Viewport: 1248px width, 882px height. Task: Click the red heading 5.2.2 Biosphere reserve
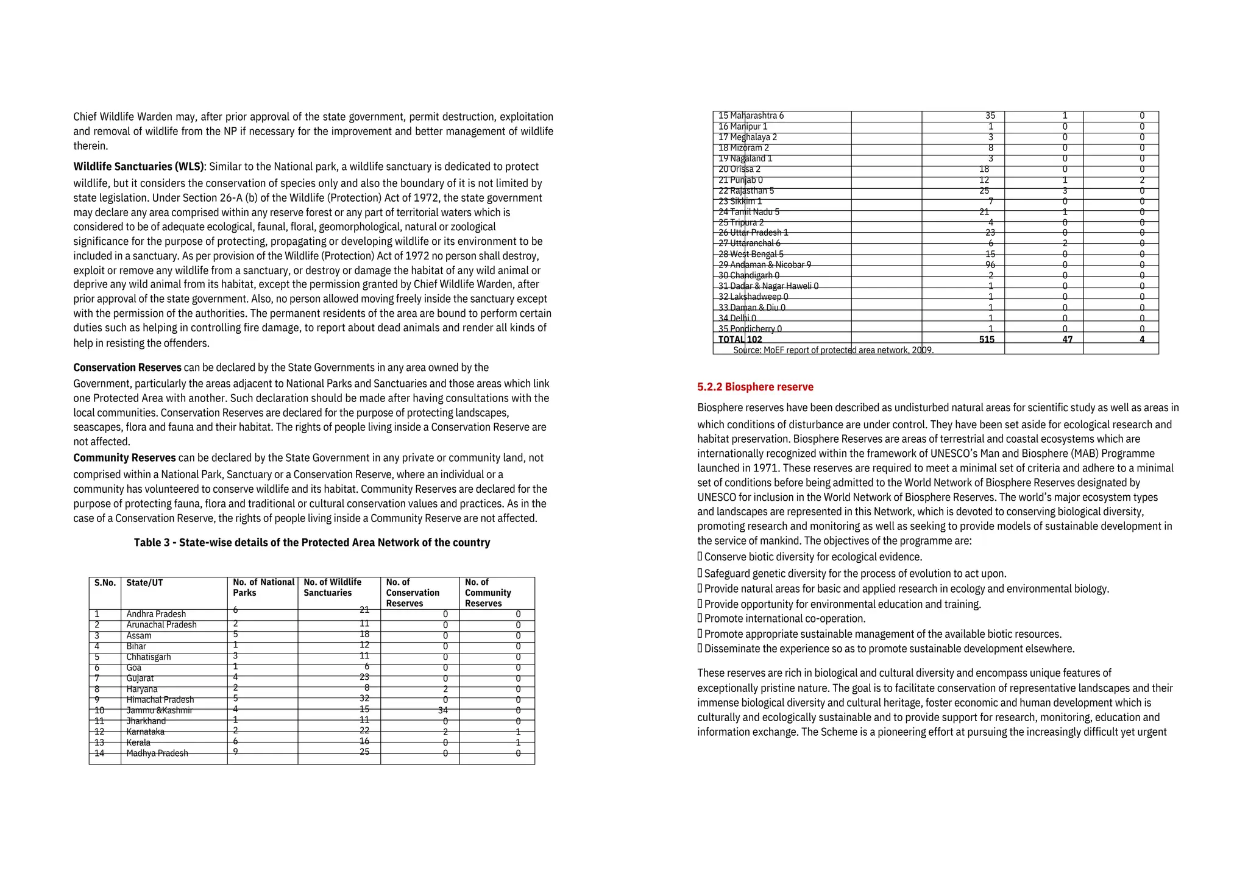click(x=755, y=387)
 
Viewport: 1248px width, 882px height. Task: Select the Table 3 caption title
click(x=312, y=542)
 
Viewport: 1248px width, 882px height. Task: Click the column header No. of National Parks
click(x=263, y=587)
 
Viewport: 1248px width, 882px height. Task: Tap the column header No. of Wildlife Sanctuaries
click(x=333, y=587)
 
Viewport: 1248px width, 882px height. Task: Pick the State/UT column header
click(x=144, y=583)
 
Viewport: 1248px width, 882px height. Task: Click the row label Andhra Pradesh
click(x=156, y=614)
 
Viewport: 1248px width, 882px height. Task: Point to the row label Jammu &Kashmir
click(x=159, y=710)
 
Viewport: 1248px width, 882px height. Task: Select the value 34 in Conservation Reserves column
click(x=442, y=710)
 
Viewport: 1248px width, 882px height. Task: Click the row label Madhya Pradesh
click(x=157, y=753)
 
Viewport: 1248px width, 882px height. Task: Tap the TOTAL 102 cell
click(x=740, y=339)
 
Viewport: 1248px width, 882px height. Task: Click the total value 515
click(x=987, y=339)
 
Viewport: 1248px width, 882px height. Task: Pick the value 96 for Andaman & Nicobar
click(x=990, y=264)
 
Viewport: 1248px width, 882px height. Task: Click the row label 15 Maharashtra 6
click(x=751, y=116)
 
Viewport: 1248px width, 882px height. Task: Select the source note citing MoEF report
click(x=833, y=350)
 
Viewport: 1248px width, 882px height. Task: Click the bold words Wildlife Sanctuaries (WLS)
click(x=139, y=166)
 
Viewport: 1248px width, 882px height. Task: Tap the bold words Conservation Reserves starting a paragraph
click(x=127, y=367)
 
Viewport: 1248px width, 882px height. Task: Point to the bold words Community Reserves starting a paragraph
click(x=124, y=457)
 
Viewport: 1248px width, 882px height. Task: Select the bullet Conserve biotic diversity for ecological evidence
click(x=813, y=557)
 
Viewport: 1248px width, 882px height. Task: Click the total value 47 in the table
click(x=1067, y=339)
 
